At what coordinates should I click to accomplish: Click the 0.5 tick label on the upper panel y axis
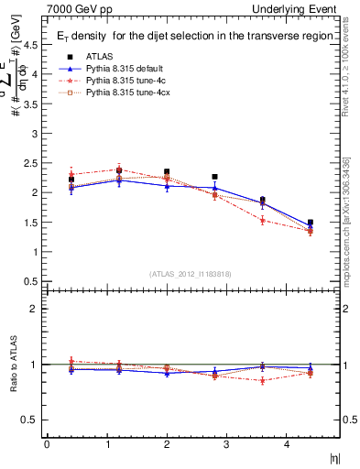point(32,281)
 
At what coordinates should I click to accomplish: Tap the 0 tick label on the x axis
point(47,444)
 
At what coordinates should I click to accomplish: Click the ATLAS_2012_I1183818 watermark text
point(190,273)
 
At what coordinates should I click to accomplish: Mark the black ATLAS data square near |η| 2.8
point(214,177)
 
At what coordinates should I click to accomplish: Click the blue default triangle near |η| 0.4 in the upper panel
point(71,188)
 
